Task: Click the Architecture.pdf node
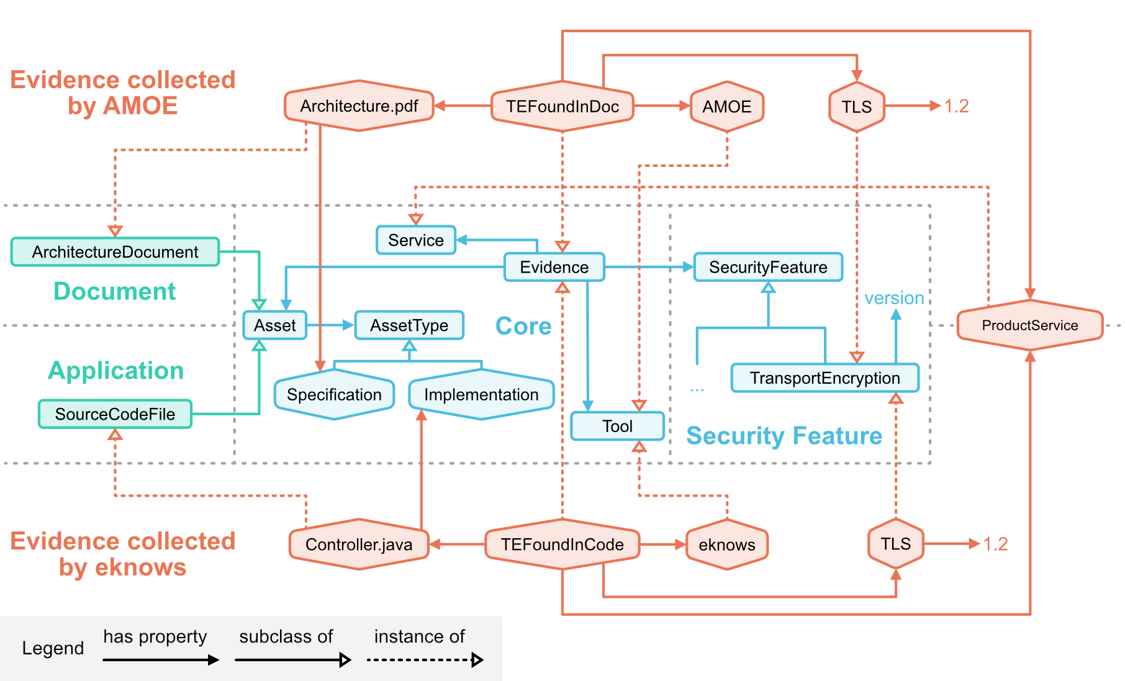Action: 359,106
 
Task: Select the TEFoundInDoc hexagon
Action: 562,106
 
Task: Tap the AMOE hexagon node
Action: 726,106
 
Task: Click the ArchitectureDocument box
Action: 115,252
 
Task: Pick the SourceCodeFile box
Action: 115,414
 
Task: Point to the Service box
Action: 415,240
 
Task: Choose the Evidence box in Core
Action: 554,267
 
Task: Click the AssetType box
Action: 409,325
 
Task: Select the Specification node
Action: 334,395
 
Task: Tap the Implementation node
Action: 481,395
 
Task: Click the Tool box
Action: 617,426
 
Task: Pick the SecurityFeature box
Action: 768,267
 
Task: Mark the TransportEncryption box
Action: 825,378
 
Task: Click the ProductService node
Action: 1029,325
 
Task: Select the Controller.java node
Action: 359,544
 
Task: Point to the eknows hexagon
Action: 726,544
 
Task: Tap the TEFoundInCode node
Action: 562,544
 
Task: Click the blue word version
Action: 894,298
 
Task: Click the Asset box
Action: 275,325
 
